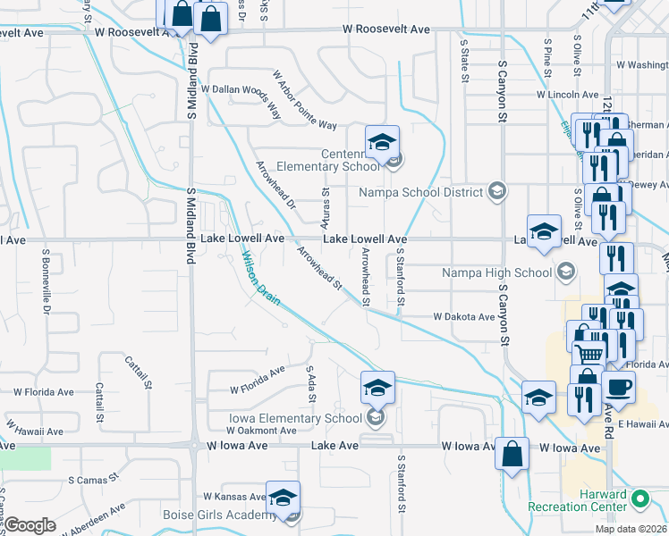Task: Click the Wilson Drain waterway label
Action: coord(261,278)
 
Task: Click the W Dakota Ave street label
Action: coord(463,317)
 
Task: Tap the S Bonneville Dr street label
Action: coord(45,281)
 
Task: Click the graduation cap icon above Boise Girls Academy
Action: coord(283,498)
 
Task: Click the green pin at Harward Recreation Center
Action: coord(639,498)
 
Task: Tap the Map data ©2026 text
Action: coord(631,529)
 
